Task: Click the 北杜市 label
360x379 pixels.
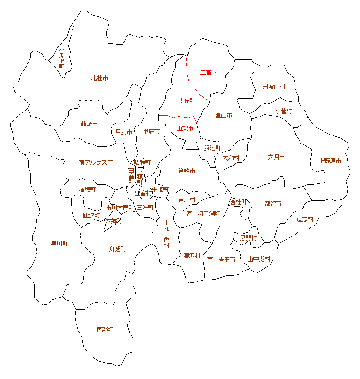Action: [x=99, y=78]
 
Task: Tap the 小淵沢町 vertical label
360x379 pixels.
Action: [x=62, y=58]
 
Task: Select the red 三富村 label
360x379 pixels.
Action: [x=208, y=72]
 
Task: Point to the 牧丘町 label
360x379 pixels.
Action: [x=187, y=101]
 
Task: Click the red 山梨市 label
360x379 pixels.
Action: [x=185, y=128]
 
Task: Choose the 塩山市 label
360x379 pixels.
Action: [x=224, y=116]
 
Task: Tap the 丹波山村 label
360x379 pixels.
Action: [x=274, y=87]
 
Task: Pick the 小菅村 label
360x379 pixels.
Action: [x=283, y=111]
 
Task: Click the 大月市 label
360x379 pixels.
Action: [x=276, y=157]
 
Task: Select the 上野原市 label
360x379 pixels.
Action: [x=330, y=161]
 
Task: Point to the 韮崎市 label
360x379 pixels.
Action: [x=89, y=124]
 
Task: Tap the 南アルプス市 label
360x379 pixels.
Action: [x=96, y=162]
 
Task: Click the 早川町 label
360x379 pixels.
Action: [x=59, y=244]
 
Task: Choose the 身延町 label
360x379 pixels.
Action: [x=117, y=249]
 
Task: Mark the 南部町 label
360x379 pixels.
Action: [x=105, y=329]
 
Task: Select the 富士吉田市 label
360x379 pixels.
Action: [x=221, y=260]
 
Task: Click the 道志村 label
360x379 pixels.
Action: [x=305, y=219]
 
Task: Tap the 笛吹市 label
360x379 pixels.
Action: [x=187, y=171]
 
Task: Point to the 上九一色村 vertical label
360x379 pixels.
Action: [x=166, y=234]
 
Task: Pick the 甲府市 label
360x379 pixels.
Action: [x=151, y=131]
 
